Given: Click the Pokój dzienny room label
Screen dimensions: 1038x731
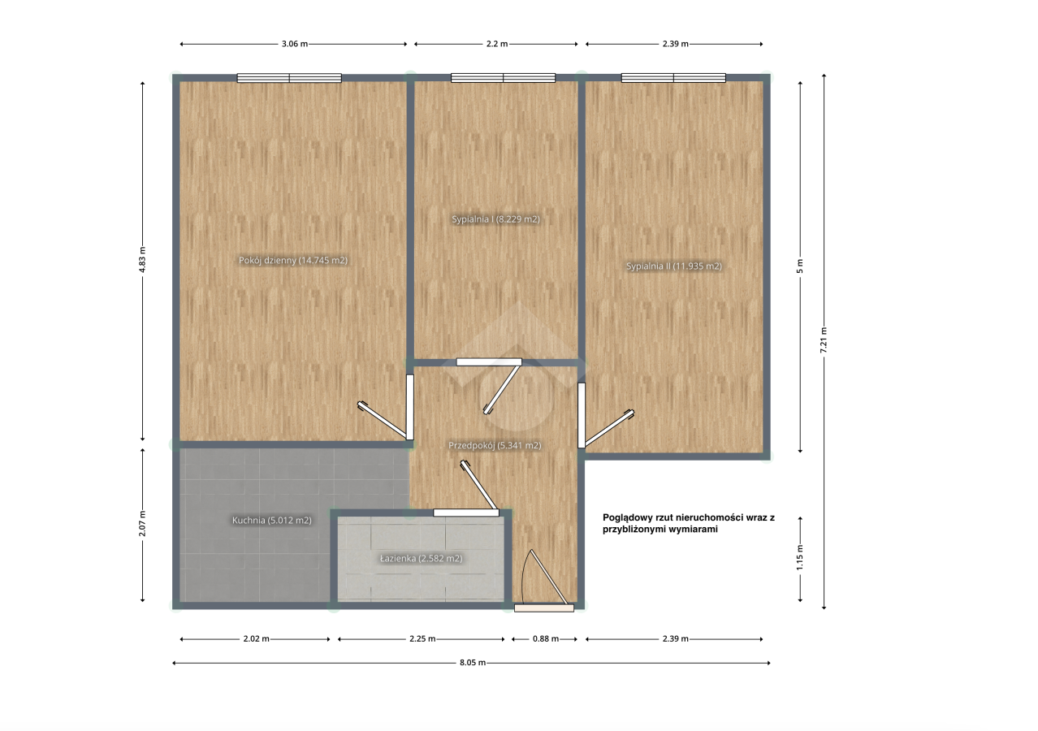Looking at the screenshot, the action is coord(293,261).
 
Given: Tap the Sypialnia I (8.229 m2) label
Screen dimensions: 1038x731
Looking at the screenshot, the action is coord(495,219).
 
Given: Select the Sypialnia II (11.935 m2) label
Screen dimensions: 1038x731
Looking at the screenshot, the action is coord(674,266).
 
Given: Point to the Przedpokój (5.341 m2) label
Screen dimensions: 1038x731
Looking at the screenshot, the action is coord(495,445).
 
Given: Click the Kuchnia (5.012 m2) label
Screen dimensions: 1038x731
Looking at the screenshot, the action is coord(271,521).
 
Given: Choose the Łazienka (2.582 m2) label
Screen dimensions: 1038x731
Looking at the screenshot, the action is coord(422,559).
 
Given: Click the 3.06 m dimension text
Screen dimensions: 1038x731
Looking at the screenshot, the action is coord(295,44).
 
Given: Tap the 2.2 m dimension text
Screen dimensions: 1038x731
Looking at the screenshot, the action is coord(497,44).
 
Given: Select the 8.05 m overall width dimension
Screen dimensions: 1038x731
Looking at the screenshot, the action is coord(473,663).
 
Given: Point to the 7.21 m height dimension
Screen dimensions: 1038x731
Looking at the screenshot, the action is coord(824,340).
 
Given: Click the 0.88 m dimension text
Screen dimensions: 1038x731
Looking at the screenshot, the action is coord(546,638).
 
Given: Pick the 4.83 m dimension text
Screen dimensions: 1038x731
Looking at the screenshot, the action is coord(142,260).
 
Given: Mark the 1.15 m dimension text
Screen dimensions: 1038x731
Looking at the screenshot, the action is coord(800,558).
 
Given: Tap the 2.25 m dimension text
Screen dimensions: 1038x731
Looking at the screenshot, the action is coord(422,638).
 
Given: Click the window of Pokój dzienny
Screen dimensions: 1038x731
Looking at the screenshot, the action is coord(289,78).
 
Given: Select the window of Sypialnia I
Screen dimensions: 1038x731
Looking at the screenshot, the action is coord(504,78).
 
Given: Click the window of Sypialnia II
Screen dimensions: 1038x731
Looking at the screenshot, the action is coord(673,78).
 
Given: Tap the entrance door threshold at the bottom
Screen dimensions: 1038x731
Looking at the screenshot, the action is coord(544,608).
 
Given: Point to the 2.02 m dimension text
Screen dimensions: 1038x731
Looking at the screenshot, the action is coord(257,638).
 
